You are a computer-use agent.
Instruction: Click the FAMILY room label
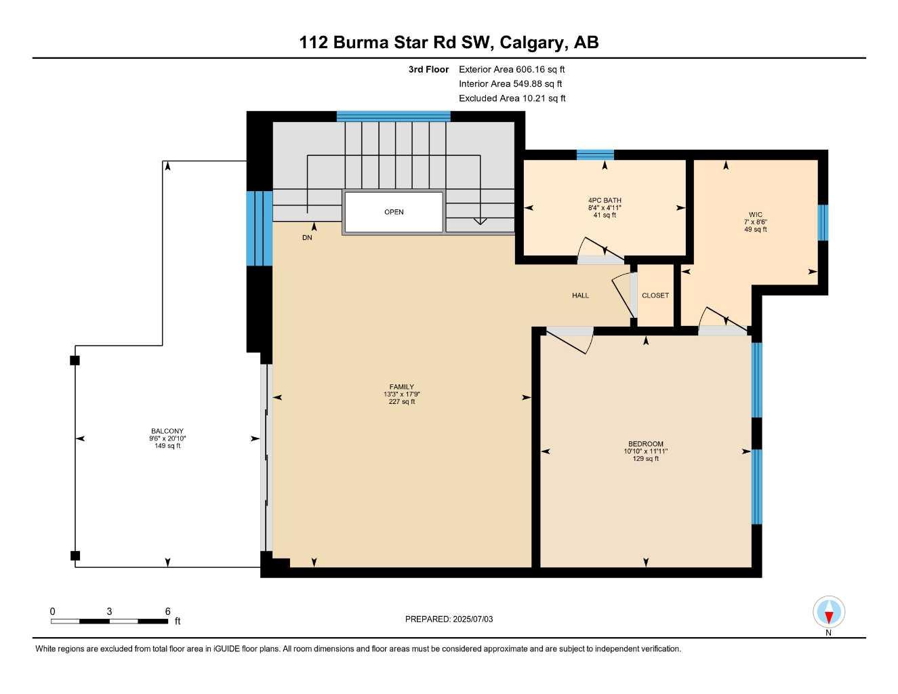coord(402,387)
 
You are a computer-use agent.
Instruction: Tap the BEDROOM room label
coord(645,444)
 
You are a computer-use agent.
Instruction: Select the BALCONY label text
coord(167,431)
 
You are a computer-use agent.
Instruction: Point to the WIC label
coord(755,214)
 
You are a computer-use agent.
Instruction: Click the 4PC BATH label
coord(605,201)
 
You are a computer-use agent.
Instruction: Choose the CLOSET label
coord(655,295)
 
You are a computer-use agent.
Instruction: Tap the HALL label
coord(580,295)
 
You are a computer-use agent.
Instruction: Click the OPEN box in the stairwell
coord(394,212)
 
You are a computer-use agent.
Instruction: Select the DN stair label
coord(307,238)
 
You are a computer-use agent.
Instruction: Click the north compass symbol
coord(828,613)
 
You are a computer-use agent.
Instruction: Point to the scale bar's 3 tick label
coord(109,611)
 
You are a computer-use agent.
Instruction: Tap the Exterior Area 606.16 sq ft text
coord(512,69)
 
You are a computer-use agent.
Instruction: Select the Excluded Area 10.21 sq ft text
coord(512,98)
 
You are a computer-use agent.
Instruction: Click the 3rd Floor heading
coord(428,69)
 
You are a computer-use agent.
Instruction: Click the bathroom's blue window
coord(595,155)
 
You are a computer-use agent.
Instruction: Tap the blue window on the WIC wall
coord(823,222)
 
